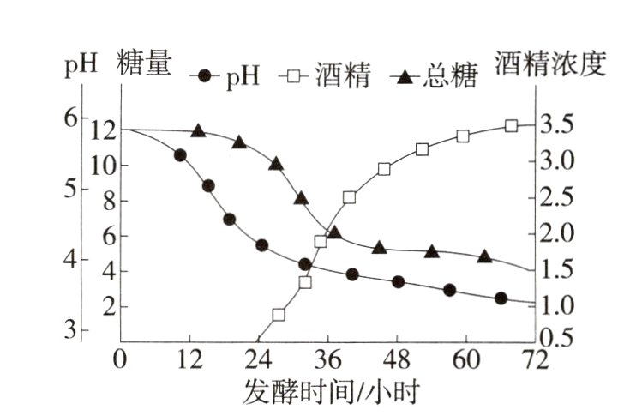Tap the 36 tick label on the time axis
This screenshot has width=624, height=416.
pos(325,359)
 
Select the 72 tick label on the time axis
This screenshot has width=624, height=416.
pos(533,359)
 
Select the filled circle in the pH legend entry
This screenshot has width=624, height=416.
pos(203,76)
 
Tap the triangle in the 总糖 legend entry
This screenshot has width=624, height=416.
pos(405,76)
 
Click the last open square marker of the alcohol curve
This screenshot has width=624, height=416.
pos(511,125)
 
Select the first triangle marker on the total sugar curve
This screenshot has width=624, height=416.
pos(198,131)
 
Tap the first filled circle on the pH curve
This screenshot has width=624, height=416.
pos(180,155)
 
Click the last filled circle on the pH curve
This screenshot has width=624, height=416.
pos(501,298)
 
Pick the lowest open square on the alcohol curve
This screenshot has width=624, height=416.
pos(279,315)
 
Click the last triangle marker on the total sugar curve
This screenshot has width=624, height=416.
pos(484,256)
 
